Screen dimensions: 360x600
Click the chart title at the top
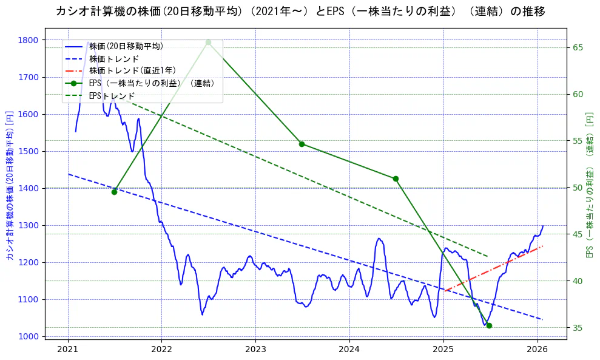pyautogui.click(x=300, y=11)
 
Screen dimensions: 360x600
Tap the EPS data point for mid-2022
pyautogui.click(x=208, y=42)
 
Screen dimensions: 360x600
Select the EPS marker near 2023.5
pyautogui.click(x=302, y=144)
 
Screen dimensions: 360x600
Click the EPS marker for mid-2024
pyautogui.click(x=396, y=178)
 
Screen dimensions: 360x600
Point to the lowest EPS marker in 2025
pyautogui.click(x=489, y=325)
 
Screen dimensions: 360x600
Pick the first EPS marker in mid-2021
pyautogui.click(x=114, y=192)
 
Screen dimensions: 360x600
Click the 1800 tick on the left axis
pyautogui.click(x=28, y=40)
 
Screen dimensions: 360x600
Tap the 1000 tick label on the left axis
pyautogui.click(x=28, y=336)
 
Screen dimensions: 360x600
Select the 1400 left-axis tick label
pyautogui.click(x=28, y=188)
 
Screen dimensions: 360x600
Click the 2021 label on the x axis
pyautogui.click(x=68, y=350)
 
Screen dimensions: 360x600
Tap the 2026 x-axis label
pyautogui.click(x=538, y=350)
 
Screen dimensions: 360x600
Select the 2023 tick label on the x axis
pyautogui.click(x=255, y=350)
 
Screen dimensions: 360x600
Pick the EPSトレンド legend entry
pyautogui.click(x=112, y=96)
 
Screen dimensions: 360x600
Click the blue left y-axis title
pyautogui.click(x=9, y=186)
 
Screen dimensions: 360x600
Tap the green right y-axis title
pyautogui.click(x=589, y=185)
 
